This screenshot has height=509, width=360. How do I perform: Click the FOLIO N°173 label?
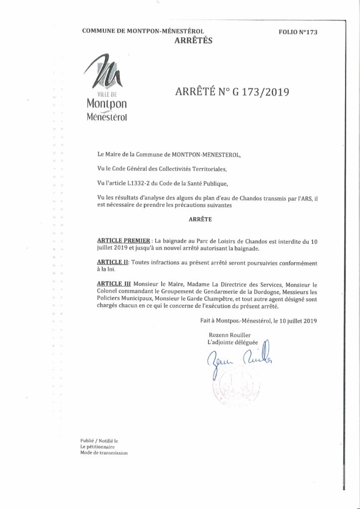tap(298, 32)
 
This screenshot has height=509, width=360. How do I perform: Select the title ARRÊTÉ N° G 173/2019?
tap(232, 92)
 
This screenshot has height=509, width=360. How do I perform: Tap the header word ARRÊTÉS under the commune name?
tap(193, 41)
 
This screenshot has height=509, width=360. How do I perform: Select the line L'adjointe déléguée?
tap(232, 343)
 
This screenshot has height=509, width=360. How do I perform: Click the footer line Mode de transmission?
tap(104, 453)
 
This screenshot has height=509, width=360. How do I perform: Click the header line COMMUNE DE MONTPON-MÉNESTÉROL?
tap(143, 31)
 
